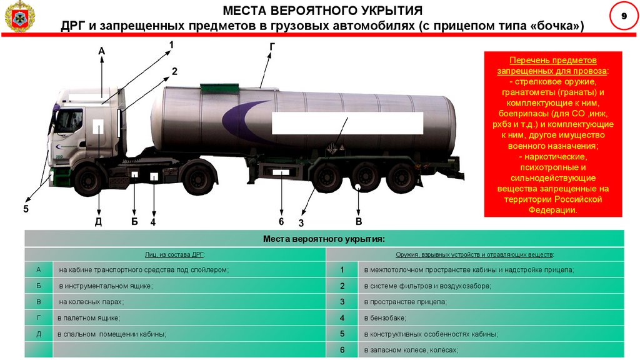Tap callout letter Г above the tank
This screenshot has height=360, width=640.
[x=272, y=47]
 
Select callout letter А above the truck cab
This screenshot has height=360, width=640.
[x=101, y=50]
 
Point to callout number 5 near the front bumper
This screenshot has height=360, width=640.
[x=26, y=209]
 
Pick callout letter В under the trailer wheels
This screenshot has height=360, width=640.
[x=359, y=221]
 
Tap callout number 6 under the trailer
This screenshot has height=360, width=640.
[x=281, y=221]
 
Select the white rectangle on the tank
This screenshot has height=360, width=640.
[x=347, y=122]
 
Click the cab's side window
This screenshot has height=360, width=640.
[x=69, y=120]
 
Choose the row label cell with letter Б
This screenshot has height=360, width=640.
[x=39, y=286]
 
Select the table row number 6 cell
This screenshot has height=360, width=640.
[x=342, y=350]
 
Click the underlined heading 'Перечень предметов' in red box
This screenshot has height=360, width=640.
[x=553, y=61]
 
